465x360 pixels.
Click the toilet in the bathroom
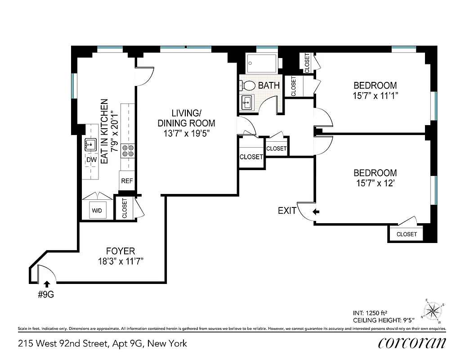tap(248, 85)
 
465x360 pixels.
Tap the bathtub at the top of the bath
tap(262, 64)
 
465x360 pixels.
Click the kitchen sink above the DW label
tap(91, 145)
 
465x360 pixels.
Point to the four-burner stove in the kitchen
tap(128, 150)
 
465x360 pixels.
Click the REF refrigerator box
tap(127, 181)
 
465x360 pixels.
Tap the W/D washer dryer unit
tap(97, 210)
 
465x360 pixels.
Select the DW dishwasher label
tap(91, 160)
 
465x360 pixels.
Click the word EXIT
tap(287, 210)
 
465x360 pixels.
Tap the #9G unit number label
tap(46, 295)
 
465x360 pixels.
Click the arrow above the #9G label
tap(46, 283)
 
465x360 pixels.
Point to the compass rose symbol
tap(433, 310)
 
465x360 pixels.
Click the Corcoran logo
tap(412, 343)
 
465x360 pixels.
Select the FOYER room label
tap(120, 251)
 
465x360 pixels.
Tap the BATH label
tap(269, 85)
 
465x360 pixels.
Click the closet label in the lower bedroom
tap(407, 234)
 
